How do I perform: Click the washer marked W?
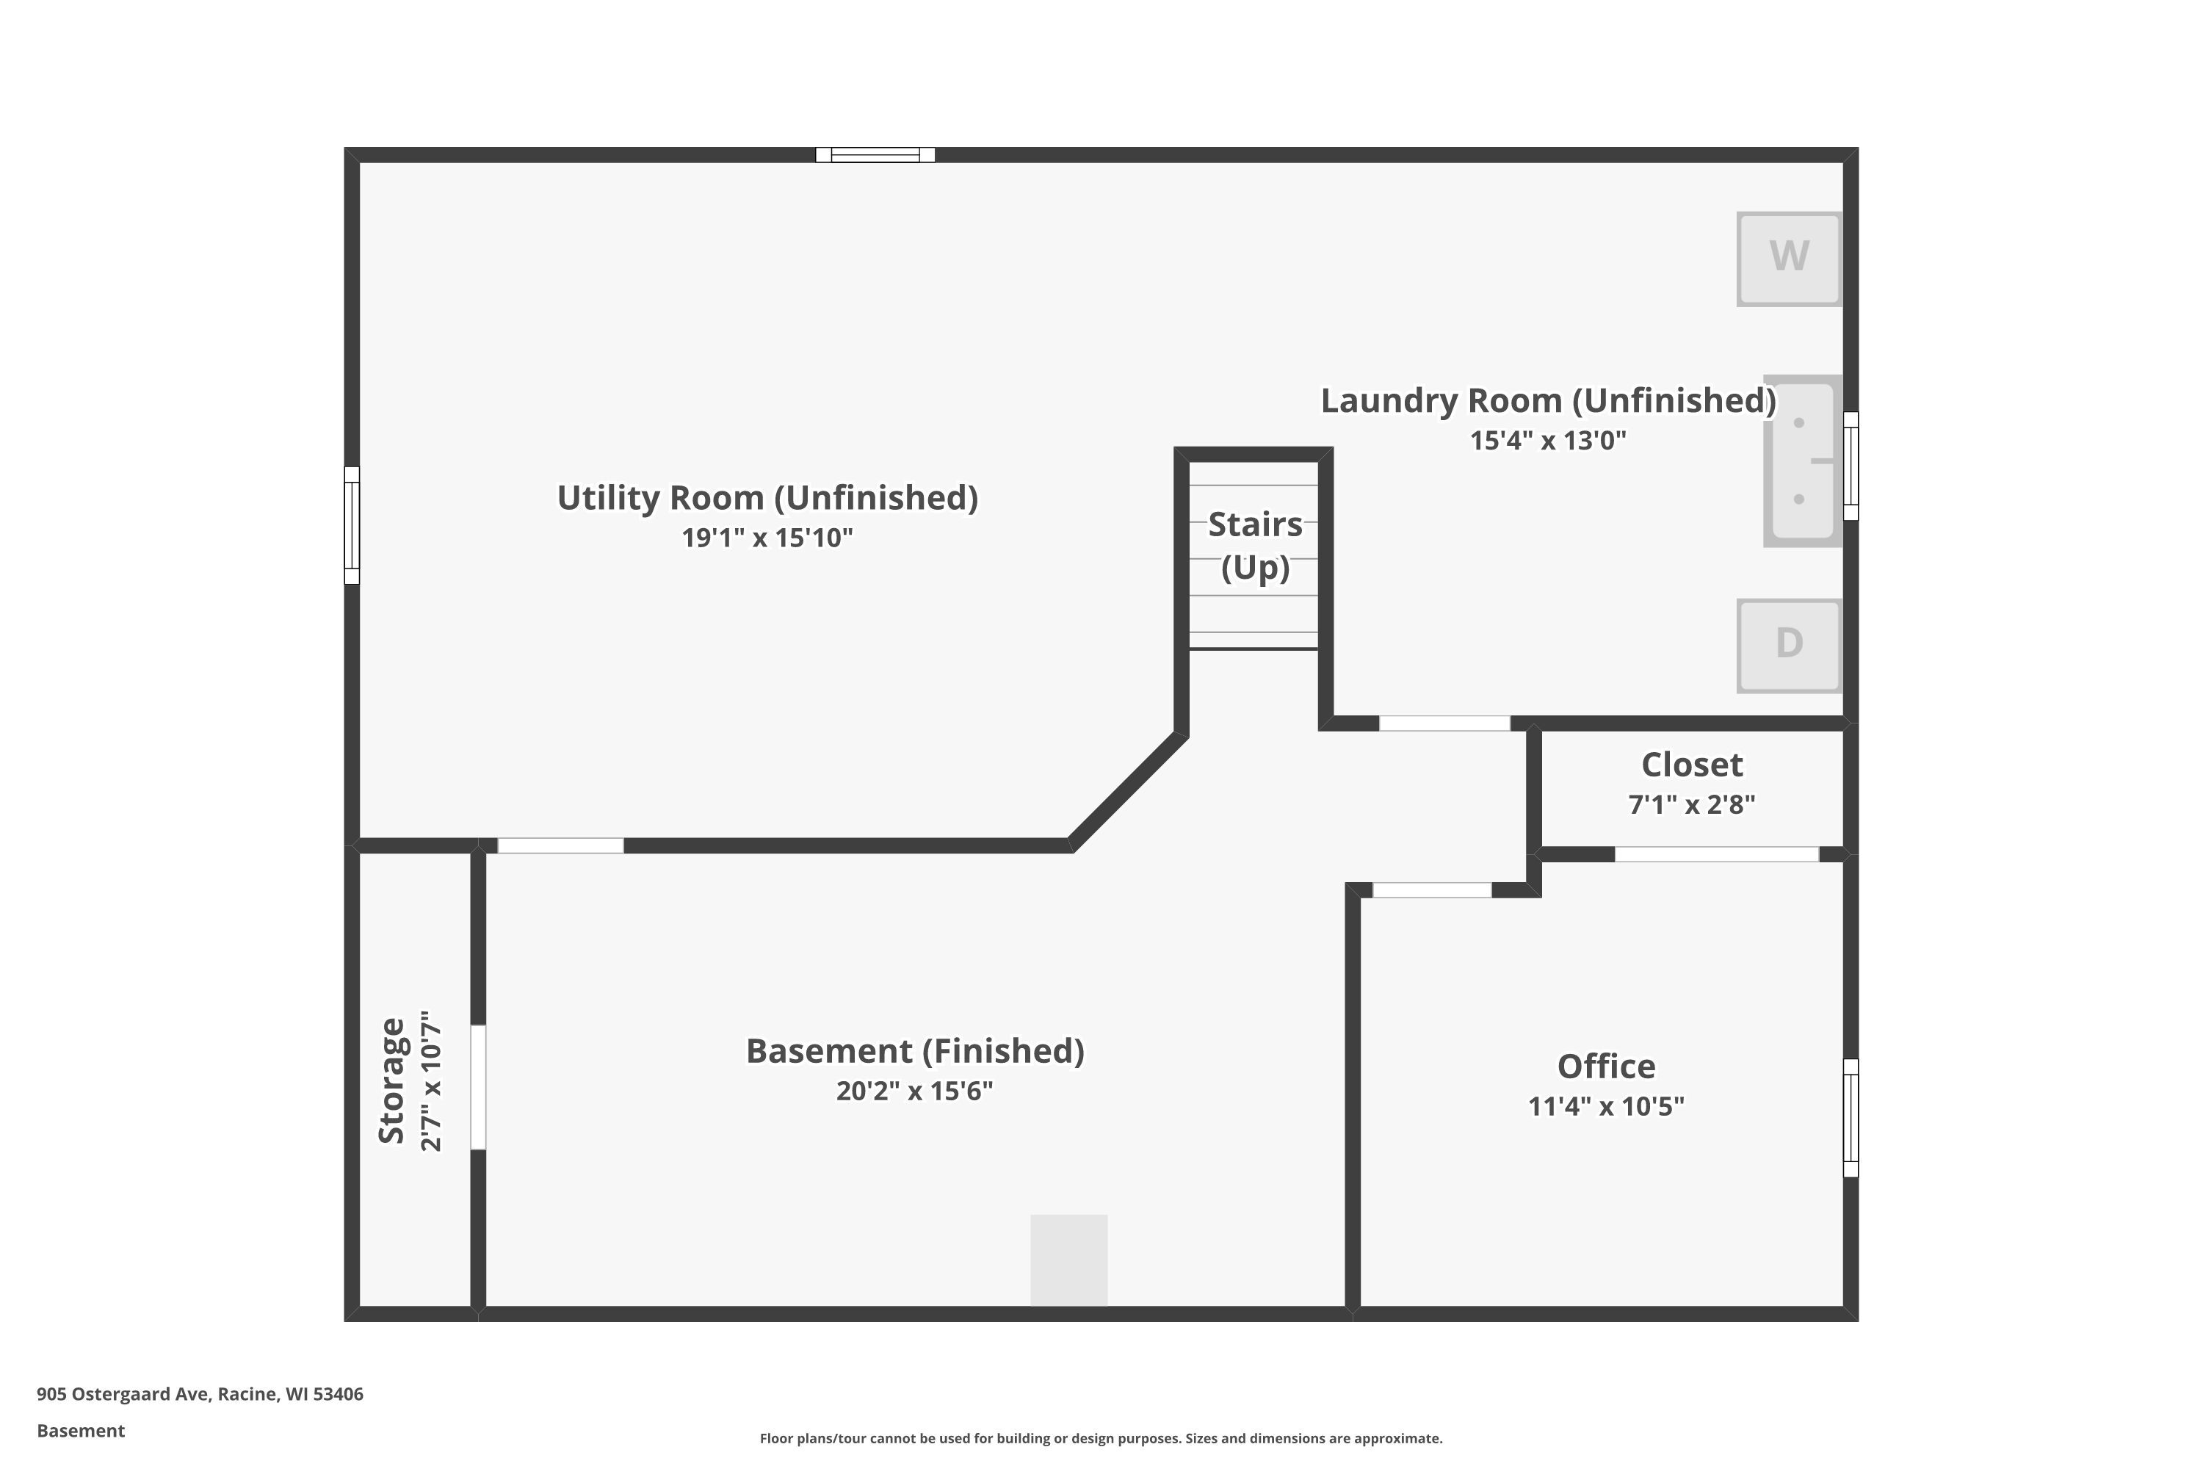[1789, 259]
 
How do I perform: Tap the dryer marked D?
[1789, 646]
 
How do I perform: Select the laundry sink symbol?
[1803, 461]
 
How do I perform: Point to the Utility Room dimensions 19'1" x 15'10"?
[767, 538]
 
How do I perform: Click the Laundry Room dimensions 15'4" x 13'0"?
[1547, 440]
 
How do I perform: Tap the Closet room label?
[1692, 765]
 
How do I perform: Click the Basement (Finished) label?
[914, 1051]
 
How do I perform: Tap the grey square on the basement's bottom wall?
[1068, 1260]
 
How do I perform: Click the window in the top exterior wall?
[875, 154]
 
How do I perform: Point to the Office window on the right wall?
[1851, 1118]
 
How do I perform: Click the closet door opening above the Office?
[1716, 854]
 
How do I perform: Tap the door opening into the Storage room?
[478, 1087]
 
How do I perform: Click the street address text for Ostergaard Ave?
[200, 1393]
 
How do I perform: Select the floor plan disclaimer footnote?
[1101, 1438]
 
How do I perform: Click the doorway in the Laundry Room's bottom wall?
[1444, 723]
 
